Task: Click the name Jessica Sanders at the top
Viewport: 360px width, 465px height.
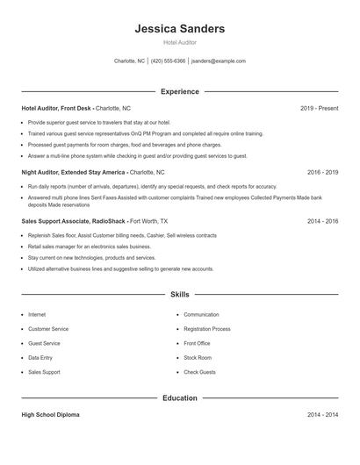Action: point(179,29)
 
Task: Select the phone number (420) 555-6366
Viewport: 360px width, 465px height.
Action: point(169,61)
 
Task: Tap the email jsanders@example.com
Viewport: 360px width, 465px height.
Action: point(219,61)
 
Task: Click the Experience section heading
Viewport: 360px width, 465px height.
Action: point(179,91)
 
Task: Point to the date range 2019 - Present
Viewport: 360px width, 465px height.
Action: point(319,108)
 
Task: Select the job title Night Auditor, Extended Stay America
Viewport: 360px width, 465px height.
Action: point(74,173)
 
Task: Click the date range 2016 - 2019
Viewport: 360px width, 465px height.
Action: point(322,173)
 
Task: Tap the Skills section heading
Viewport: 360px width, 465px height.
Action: point(179,294)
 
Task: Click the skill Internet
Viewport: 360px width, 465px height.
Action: point(37,314)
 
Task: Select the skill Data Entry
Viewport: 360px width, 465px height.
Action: point(40,358)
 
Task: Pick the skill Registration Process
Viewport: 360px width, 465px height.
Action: point(206,329)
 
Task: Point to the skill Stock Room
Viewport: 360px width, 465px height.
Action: point(198,358)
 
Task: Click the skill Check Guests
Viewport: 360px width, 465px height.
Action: point(199,373)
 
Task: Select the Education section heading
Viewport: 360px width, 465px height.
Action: point(179,397)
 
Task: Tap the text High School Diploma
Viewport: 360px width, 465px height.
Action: point(50,413)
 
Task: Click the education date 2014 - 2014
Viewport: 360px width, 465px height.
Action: point(322,413)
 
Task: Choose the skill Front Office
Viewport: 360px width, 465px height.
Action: point(197,343)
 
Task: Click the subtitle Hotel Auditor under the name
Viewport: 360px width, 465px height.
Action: point(179,43)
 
